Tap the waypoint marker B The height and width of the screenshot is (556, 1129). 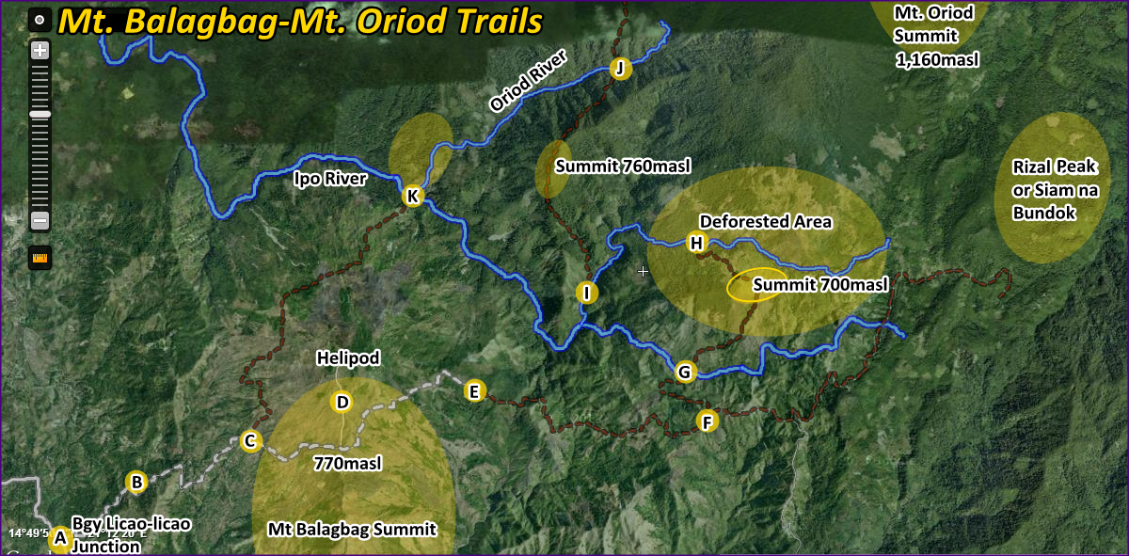click(136, 482)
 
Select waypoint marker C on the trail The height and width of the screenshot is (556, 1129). click(250, 440)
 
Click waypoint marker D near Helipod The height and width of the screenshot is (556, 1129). click(342, 403)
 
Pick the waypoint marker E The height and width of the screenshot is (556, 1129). click(474, 390)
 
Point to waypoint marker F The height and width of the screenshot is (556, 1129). click(708, 421)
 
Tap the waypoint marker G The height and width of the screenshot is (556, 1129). click(684, 372)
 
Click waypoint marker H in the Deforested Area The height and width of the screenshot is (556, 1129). click(696, 244)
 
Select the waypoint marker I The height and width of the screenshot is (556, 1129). click(586, 293)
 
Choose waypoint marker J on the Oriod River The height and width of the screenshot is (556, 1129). click(618, 68)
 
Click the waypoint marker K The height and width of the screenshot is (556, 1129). click(412, 196)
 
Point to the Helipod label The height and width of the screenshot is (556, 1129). click(348, 358)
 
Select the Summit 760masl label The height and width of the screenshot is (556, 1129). click(623, 167)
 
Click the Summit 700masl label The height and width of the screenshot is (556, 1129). click(820, 284)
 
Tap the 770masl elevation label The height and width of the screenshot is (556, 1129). click(347, 463)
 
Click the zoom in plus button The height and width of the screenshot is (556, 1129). click(40, 51)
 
